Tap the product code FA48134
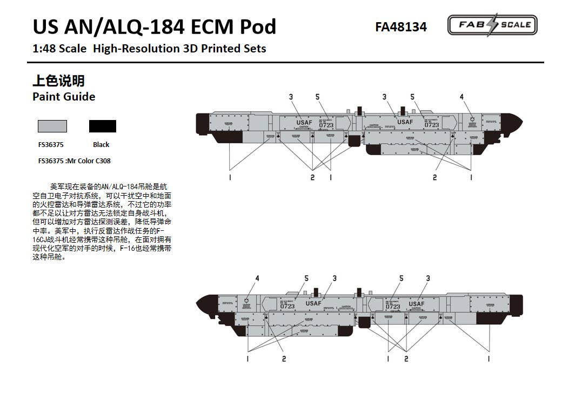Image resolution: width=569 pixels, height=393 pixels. point(400,27)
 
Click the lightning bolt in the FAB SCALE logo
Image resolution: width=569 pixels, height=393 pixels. point(492,25)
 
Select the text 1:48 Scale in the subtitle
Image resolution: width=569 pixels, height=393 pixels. point(59,49)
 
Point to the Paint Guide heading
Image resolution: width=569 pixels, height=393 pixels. point(64,97)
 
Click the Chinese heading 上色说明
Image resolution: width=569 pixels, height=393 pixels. point(58,81)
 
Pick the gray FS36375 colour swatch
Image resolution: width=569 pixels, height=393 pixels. point(52,126)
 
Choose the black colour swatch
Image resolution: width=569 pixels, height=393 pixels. point(103,126)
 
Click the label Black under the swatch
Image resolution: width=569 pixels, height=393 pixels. point(101,145)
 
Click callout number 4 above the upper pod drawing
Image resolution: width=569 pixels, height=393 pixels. point(461,97)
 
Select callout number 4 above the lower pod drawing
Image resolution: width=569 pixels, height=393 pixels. point(257,278)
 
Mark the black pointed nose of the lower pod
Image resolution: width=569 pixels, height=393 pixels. point(206,301)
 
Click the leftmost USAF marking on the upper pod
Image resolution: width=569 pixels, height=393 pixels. point(304,123)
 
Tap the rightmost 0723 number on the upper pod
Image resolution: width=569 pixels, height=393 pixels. point(432,125)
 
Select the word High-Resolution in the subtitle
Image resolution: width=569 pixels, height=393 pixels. point(135,49)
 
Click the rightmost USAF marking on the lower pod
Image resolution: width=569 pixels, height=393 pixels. point(417,304)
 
